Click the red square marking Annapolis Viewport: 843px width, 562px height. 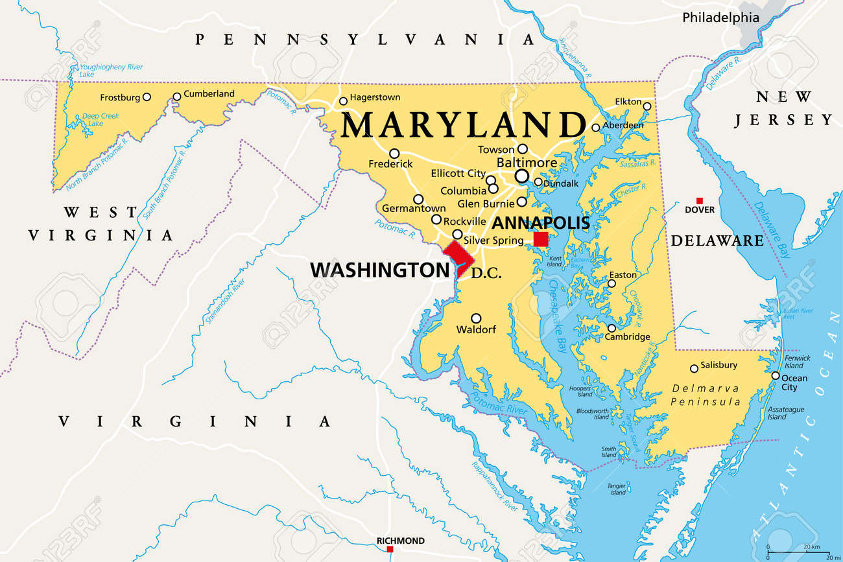click(541, 239)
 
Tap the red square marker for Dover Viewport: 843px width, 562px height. click(699, 200)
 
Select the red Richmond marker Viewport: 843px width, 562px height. click(390, 550)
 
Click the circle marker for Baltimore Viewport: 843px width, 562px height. click(521, 176)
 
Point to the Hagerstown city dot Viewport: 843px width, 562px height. click(343, 100)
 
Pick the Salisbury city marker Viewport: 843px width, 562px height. click(694, 368)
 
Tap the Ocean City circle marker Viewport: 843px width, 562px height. click(775, 375)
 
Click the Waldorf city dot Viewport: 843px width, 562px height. click(476, 318)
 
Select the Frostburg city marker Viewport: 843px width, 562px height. click(147, 97)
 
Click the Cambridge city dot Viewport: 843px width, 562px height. click(611, 328)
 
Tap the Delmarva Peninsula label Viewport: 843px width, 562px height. click(706, 395)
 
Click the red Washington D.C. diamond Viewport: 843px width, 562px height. click(456, 256)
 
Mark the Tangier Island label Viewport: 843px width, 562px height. click(617, 489)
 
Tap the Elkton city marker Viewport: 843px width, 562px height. click(647, 106)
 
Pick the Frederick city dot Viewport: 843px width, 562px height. click(394, 154)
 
